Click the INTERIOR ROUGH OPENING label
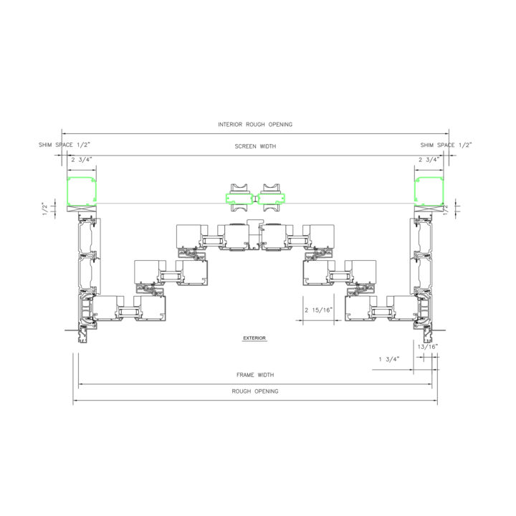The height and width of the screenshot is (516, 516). point(255,125)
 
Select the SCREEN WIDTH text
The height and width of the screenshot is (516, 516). point(255,146)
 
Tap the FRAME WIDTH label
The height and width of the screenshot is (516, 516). point(255,375)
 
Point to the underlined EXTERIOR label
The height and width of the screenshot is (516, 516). point(254,338)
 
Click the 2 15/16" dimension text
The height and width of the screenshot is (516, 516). point(318,310)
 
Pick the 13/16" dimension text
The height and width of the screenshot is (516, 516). point(428,347)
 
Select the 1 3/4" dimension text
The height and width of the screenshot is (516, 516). point(389,359)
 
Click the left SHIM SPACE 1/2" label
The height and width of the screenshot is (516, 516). point(64,145)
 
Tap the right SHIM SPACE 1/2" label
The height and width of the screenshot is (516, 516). point(446,145)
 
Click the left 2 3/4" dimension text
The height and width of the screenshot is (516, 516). point(82,160)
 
